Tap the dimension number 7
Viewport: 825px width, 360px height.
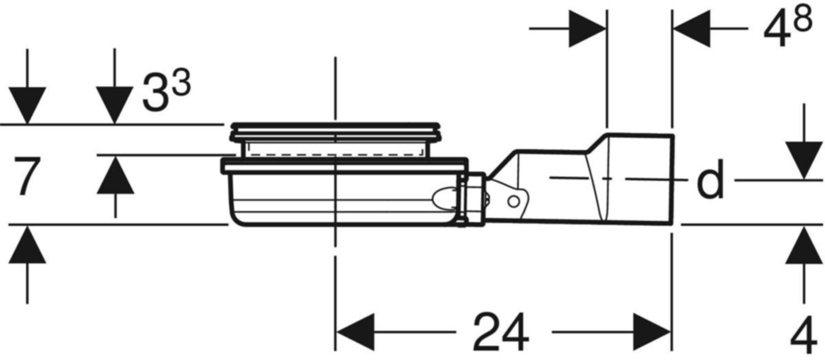click(x=26, y=176)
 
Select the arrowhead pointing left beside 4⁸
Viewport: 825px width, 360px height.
click(x=691, y=28)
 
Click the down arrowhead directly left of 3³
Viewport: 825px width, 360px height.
click(x=115, y=105)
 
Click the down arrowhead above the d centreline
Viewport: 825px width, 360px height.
click(x=804, y=160)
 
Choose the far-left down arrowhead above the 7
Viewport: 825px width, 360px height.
click(x=27, y=105)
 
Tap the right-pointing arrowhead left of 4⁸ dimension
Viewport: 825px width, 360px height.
click(x=587, y=28)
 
